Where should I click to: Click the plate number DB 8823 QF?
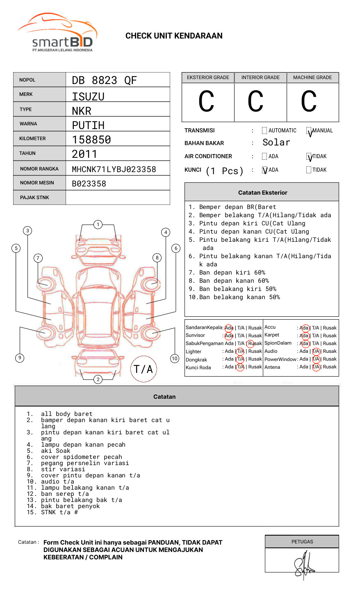(104, 80)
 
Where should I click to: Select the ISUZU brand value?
(88, 97)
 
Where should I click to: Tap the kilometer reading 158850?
(91, 140)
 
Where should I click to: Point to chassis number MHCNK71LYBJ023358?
(114, 169)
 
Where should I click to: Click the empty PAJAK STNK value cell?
(118, 198)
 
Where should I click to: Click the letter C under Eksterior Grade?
(206, 102)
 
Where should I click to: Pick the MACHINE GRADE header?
(312, 77)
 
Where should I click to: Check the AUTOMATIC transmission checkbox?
(264, 131)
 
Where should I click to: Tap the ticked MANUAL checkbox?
(309, 131)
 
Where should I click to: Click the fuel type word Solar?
(276, 143)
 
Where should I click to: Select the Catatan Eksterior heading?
(262, 193)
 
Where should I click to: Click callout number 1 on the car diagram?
(98, 225)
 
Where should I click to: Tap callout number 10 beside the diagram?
(175, 359)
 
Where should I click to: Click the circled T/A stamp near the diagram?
(144, 369)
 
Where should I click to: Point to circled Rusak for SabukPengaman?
(251, 343)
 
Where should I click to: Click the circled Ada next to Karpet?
(304, 336)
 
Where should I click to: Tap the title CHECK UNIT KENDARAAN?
(174, 36)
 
